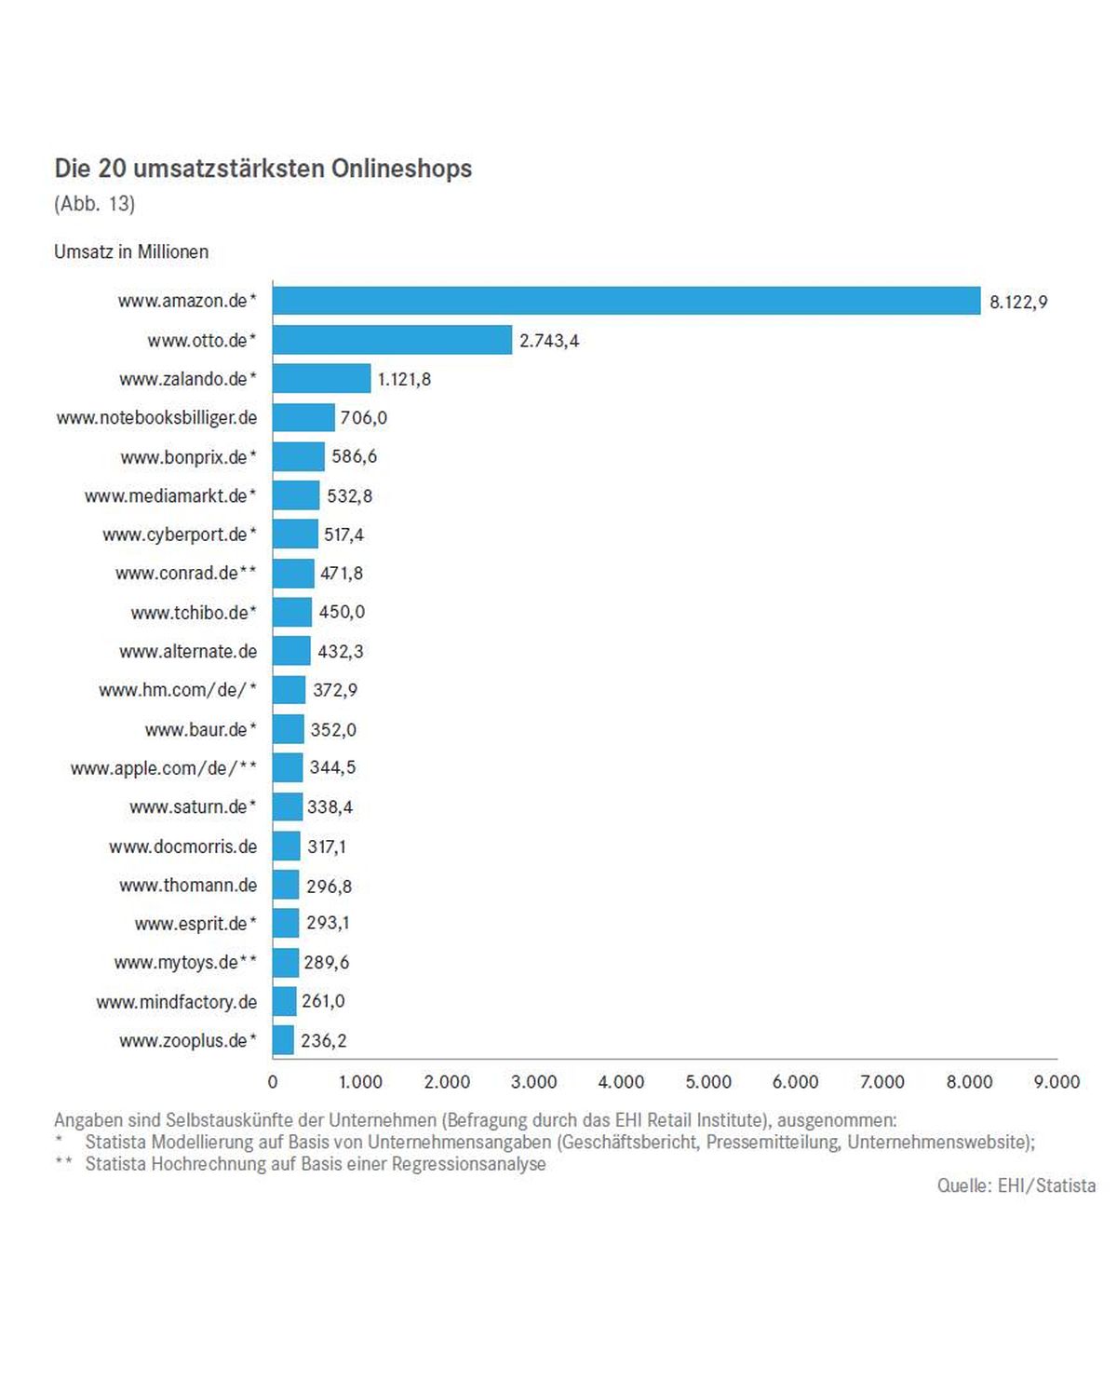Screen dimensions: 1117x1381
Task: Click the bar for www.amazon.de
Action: [626, 301]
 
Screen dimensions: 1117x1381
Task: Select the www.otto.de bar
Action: [392, 340]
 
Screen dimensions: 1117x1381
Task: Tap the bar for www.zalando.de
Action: [321, 379]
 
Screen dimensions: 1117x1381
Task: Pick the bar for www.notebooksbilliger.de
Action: [303, 417]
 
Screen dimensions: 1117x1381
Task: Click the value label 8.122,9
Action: [1018, 302]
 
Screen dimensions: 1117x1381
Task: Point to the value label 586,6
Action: [354, 456]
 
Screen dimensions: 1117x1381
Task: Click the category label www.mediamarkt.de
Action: [169, 496]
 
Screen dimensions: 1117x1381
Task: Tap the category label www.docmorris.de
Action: [182, 846]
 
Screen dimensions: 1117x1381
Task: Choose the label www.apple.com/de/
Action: [163, 768]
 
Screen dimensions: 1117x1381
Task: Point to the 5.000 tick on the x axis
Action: [708, 1081]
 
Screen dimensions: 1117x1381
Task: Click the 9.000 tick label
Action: [1056, 1081]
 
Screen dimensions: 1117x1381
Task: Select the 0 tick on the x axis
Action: [273, 1081]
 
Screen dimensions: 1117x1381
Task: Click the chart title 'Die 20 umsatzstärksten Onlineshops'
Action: [263, 169]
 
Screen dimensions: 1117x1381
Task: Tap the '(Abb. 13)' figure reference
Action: [95, 204]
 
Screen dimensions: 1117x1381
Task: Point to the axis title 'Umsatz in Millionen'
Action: [131, 251]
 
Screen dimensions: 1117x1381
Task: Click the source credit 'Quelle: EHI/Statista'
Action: [1016, 1185]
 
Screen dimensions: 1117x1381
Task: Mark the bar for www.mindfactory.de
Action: [285, 1002]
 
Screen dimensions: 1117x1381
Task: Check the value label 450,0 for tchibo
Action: [342, 612]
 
